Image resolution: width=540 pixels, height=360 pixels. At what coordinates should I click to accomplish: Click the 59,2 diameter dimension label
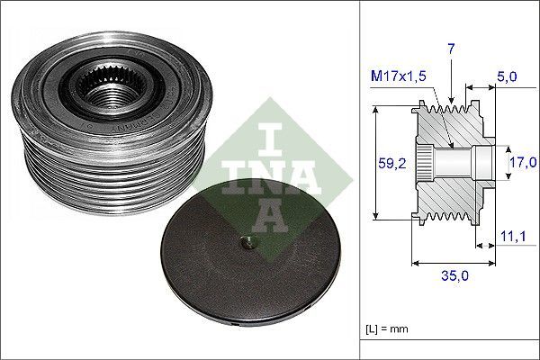coord(388,163)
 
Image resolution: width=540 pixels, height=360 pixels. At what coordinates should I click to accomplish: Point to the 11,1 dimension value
coord(512,236)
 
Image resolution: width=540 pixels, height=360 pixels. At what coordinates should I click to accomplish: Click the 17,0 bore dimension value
coord(521,163)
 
